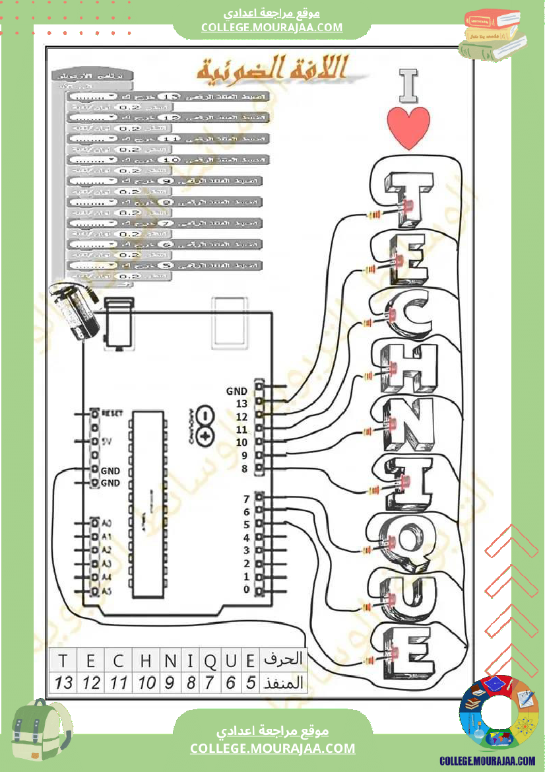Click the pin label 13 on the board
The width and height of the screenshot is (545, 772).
[x=241, y=404]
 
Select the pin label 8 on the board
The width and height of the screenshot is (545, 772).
[x=244, y=469]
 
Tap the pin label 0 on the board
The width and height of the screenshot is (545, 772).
[x=246, y=589]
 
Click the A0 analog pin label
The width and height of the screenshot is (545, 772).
[x=108, y=522]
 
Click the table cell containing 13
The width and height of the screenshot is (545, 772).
[x=64, y=682]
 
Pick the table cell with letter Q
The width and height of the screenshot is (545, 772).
[x=210, y=660]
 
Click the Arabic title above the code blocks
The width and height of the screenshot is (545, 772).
[x=274, y=69]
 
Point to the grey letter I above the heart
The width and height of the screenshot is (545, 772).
[x=409, y=86]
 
